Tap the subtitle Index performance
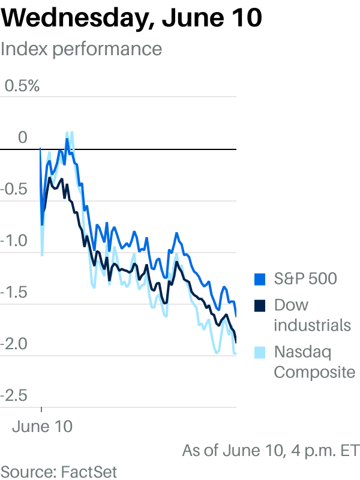[x=81, y=49]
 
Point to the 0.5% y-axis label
[x=22, y=86]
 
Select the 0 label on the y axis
[x=22, y=137]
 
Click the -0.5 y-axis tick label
[x=14, y=189]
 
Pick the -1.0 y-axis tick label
[x=14, y=241]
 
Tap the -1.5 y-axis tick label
[x=14, y=292]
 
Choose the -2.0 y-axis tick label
[x=14, y=344]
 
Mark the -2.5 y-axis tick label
[x=14, y=396]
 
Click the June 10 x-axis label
[x=42, y=427]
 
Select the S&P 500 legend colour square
[x=260, y=280]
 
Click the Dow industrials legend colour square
[x=260, y=306]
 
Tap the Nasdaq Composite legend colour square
[x=260, y=353]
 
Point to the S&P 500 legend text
[x=305, y=278]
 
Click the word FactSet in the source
[x=89, y=472]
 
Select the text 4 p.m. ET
[x=326, y=451]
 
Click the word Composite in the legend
[x=314, y=373]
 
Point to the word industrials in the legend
[x=312, y=325]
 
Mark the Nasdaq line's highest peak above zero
[x=72, y=132]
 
